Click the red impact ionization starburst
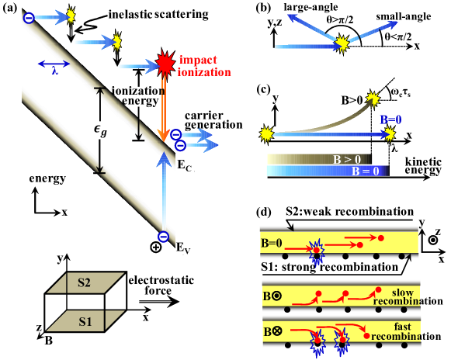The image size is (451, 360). [x=164, y=63]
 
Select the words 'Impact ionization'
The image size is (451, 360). [x=204, y=66]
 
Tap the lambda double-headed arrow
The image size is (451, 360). [x=54, y=64]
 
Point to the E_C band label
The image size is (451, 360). [x=184, y=164]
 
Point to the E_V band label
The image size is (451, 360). [x=183, y=247]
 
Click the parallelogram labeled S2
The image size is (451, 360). [x=85, y=283]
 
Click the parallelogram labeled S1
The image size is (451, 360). [x=85, y=320]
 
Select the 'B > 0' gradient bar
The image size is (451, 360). [x=314, y=159]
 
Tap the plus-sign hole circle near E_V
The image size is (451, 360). [x=156, y=247]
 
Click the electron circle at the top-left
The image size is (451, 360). [x=29, y=17]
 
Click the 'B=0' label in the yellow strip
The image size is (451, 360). [x=272, y=243]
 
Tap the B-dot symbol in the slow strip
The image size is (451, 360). [x=272, y=296]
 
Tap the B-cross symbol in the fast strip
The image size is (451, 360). [x=272, y=332]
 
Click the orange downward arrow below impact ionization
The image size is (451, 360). [x=163, y=109]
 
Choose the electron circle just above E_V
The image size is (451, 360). [x=163, y=237]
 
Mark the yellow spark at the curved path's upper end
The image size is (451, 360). [x=373, y=99]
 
